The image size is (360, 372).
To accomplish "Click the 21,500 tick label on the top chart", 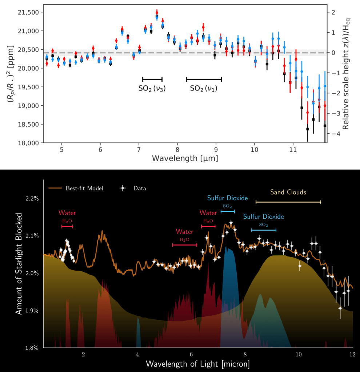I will coord(28,12).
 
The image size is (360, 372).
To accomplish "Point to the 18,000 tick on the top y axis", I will coord(28,143).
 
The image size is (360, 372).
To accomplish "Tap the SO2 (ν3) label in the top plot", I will coord(152,88).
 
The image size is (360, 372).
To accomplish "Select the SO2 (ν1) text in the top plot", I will coord(204,88).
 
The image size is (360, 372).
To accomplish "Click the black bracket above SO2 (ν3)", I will coord(152,79).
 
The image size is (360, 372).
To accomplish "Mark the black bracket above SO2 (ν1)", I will coord(204,79).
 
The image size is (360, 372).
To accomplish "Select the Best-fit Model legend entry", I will coord(76,188).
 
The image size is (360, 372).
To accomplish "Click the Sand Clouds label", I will coord(288,192).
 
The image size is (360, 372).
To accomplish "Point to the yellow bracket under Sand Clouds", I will coord(288,202).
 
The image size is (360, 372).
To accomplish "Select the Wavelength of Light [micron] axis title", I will coord(198,364).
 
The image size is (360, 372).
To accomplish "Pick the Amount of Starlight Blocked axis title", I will coord(19,264).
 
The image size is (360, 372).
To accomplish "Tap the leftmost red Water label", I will coord(67,213).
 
